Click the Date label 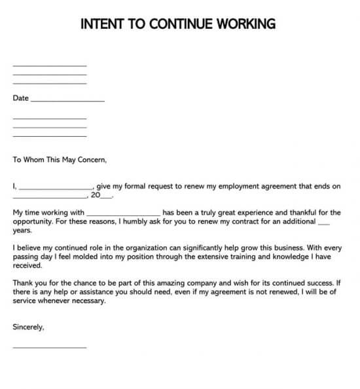[20, 98]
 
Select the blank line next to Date [67, 101]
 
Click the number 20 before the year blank [96, 195]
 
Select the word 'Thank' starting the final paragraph [23, 284]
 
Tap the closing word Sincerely [28, 326]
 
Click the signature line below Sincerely [49, 346]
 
